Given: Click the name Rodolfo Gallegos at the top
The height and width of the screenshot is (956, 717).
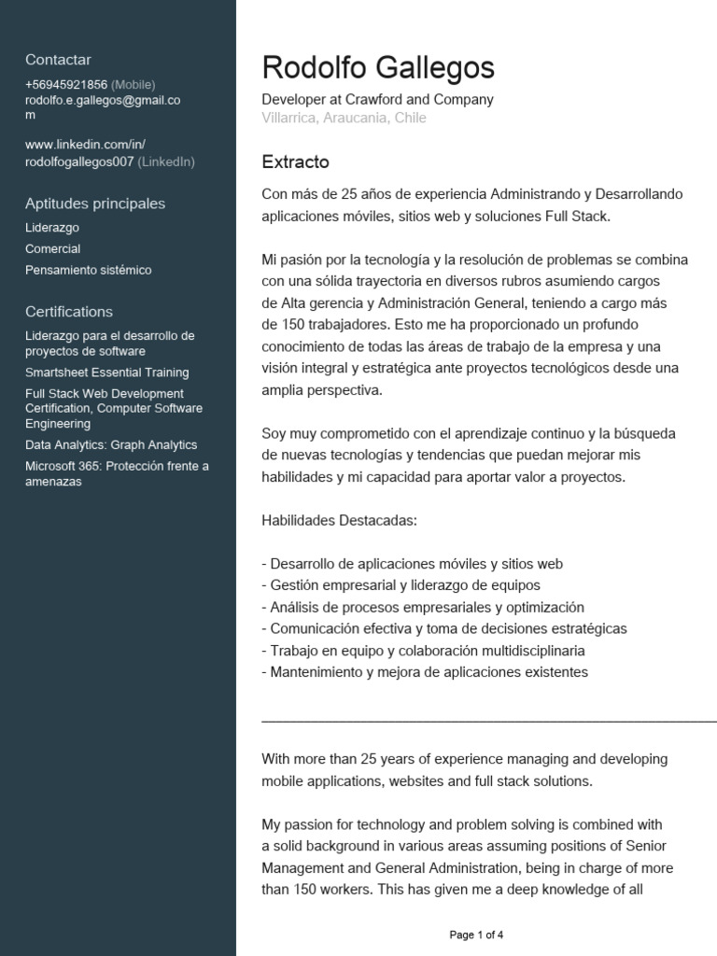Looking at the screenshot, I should coord(378,67).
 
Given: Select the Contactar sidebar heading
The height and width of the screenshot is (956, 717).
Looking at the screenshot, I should coord(58,60).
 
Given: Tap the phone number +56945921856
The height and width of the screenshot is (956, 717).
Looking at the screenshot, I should coord(66,84).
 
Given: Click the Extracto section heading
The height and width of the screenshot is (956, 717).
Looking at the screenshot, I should coord(296,162).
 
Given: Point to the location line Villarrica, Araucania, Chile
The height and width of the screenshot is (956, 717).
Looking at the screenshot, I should coord(344,118).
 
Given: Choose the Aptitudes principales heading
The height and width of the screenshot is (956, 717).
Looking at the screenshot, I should coord(95,204).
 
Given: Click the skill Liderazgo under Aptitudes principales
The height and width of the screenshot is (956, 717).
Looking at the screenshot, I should coord(52,227).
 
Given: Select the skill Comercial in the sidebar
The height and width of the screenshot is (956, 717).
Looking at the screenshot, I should coord(53,248).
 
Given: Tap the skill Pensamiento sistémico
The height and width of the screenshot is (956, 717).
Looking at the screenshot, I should coord(89,270).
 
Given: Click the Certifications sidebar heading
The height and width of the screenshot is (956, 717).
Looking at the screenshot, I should coord(69,312).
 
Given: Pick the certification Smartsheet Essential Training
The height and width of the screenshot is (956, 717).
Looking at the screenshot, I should coord(107,373).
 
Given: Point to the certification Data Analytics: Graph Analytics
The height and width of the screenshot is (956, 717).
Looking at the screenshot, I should coord(111,445).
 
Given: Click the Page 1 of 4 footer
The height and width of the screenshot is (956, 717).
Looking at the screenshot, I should coord(476,935).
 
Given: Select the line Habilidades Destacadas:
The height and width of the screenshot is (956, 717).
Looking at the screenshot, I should coord(340,519).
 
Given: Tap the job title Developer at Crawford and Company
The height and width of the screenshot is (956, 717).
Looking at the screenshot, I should coord(378,99).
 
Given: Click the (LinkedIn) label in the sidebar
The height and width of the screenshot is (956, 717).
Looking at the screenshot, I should coord(166,162).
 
